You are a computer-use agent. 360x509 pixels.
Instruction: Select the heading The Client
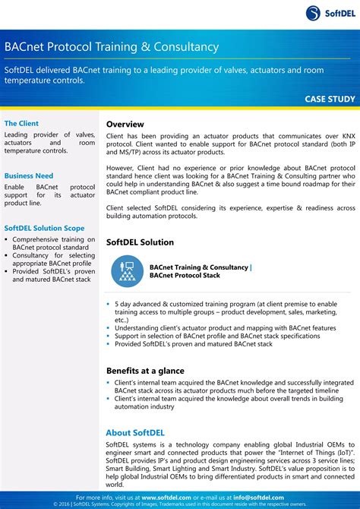coord(21,123)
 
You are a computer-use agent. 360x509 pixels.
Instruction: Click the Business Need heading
coord(29,175)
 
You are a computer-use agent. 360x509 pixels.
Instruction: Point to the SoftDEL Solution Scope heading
coord(44,227)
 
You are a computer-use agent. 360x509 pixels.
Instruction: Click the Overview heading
coord(125,124)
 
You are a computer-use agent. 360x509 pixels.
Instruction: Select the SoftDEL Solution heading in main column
coord(140,242)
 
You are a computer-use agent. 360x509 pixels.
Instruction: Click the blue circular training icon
coord(127,272)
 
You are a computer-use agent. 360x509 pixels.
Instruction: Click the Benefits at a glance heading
coord(147,371)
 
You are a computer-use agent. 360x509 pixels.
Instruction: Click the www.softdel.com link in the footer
coord(166,498)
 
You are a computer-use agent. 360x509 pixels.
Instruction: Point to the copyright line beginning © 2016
coord(180,504)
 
